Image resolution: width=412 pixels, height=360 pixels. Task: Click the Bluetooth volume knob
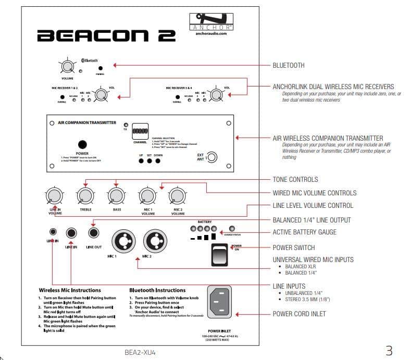[x=68, y=67]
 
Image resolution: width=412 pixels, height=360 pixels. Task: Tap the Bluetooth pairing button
[x=101, y=68]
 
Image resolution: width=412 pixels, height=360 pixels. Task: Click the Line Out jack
[x=94, y=232]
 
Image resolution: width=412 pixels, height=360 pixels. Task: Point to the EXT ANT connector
[x=212, y=158]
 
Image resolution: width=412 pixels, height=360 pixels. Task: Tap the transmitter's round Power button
[x=82, y=144]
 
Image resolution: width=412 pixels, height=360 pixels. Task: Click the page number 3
[x=389, y=350]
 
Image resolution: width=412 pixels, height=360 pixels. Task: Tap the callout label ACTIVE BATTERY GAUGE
[x=304, y=232]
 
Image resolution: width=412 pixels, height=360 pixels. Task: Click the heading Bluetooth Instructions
[x=157, y=290]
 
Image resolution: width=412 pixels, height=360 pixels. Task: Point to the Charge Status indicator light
[x=232, y=229]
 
